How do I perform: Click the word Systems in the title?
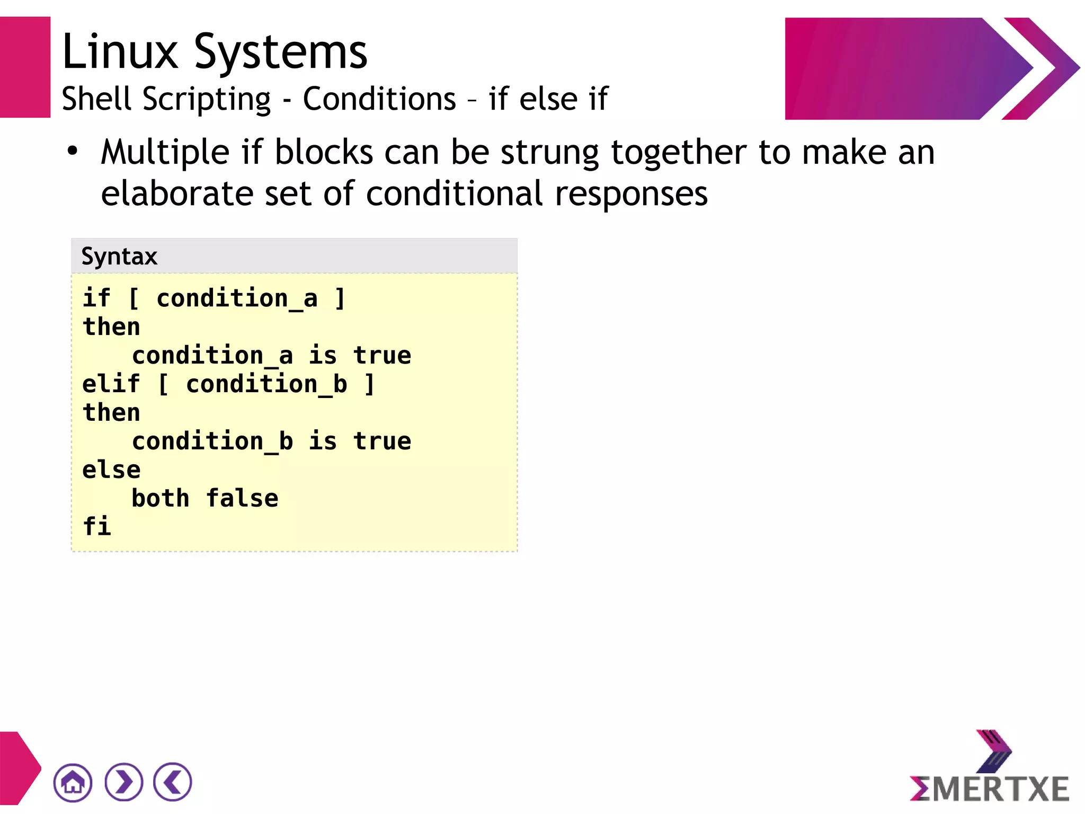click(281, 53)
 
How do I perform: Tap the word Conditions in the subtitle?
click(379, 99)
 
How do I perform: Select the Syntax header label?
click(119, 257)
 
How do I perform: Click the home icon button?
click(73, 782)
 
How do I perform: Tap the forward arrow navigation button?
click(124, 782)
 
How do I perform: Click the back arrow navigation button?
click(173, 782)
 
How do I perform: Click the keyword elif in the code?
click(111, 384)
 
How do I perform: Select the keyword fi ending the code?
click(97, 527)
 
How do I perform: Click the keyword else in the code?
click(111, 470)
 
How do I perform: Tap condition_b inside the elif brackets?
click(266, 384)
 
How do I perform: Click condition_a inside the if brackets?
click(237, 298)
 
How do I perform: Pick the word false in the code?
click(242, 499)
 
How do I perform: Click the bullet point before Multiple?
click(73, 152)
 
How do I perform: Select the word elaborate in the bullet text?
click(177, 193)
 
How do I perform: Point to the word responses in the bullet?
click(631, 194)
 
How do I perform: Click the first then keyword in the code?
click(111, 327)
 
